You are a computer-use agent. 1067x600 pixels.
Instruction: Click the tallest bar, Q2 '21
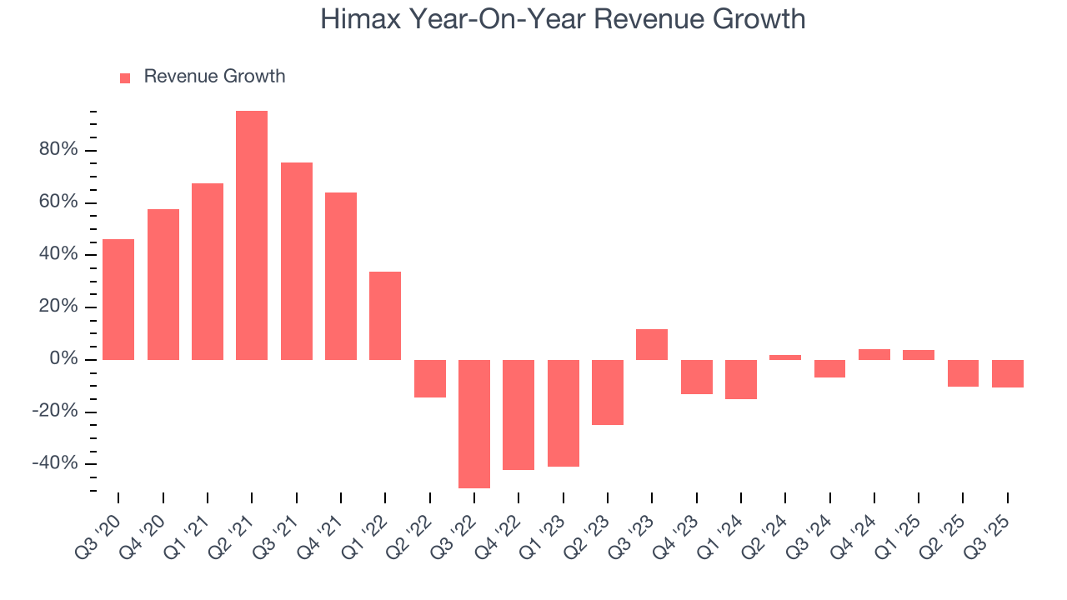(x=252, y=235)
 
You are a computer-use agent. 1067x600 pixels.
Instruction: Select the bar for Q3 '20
(x=118, y=299)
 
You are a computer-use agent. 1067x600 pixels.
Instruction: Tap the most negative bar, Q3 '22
(x=474, y=423)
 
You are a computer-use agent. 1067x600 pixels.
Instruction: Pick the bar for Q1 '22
(x=385, y=316)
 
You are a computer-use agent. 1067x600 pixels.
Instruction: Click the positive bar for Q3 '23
(x=652, y=344)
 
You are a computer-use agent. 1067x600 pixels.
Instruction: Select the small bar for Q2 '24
(x=785, y=357)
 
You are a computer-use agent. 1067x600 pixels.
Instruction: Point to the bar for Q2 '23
(x=608, y=392)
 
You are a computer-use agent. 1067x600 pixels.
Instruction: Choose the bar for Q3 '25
(x=1008, y=373)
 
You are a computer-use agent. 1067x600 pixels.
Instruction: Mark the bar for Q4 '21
(x=341, y=276)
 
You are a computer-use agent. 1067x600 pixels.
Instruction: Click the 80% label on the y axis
(x=58, y=150)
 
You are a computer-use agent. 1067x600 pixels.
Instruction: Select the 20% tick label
(x=58, y=307)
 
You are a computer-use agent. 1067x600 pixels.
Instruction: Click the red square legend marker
(x=125, y=78)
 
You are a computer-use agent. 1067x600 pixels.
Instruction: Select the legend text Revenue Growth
(x=214, y=77)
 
